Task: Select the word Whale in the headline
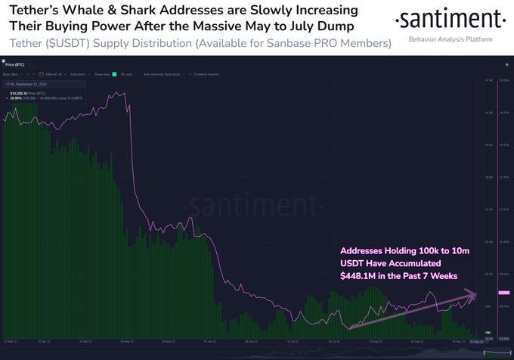[88, 13]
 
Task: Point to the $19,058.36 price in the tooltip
[25, 92]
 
